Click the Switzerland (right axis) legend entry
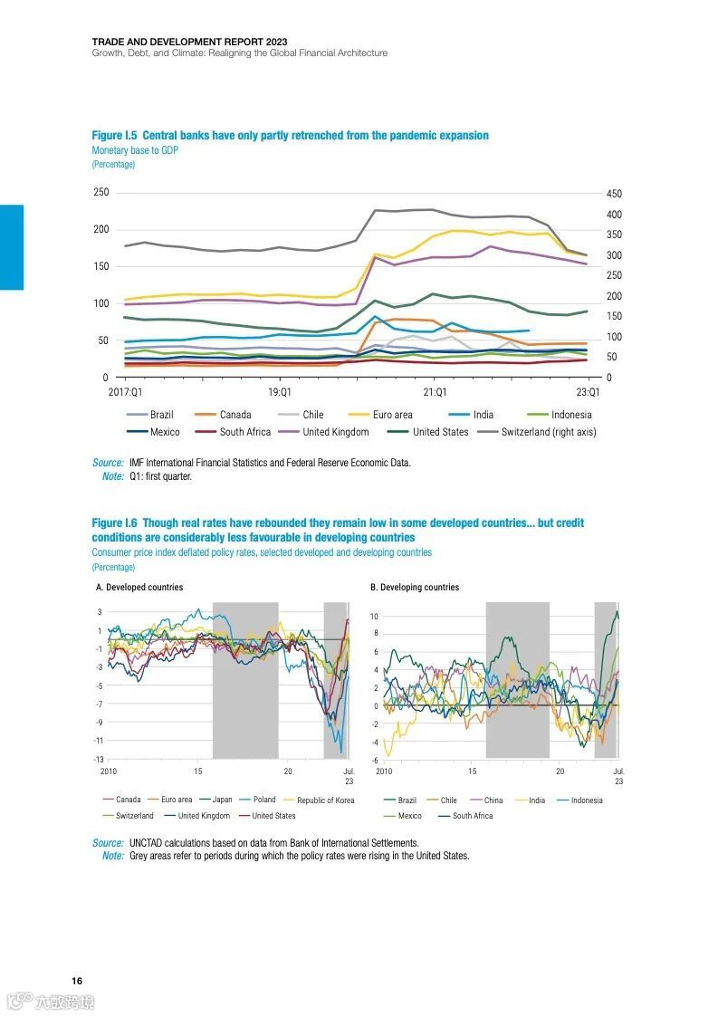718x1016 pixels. [548, 432]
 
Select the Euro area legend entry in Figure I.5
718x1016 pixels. [392, 415]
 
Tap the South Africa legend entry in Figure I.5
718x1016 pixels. [244, 432]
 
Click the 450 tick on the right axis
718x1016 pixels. [614, 194]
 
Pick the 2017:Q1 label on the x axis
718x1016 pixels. [125, 393]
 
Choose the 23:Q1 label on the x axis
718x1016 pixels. [589, 393]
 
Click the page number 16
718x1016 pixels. [78, 982]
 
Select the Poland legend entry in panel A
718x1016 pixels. [263, 800]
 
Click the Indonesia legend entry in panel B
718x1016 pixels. [586, 800]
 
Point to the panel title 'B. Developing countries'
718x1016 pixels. [415, 588]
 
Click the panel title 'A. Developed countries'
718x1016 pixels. [139, 588]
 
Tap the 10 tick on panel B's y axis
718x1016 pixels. [373, 617]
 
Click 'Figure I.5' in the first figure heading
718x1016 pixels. [114, 136]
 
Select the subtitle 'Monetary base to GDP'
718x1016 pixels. [135, 150]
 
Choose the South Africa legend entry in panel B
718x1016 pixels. [472, 816]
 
